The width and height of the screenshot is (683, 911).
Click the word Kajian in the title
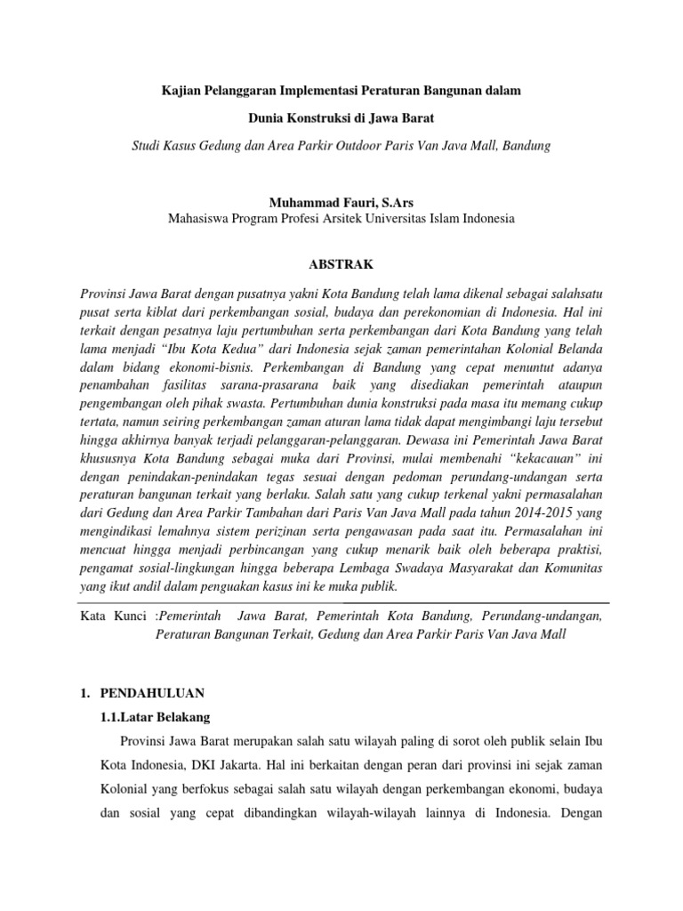click(x=180, y=91)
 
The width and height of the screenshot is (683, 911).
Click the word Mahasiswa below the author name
click(x=204, y=218)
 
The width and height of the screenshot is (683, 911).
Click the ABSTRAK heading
click(x=341, y=264)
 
